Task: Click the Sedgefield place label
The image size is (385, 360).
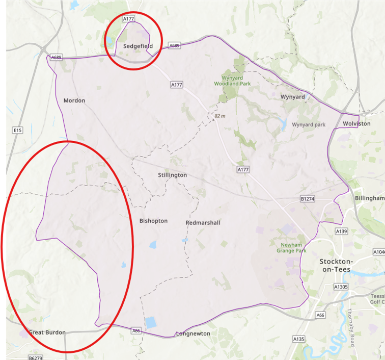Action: pyautogui.click(x=138, y=46)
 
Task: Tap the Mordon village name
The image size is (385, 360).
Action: pyautogui.click(x=74, y=100)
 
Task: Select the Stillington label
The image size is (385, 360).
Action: pyautogui.click(x=172, y=175)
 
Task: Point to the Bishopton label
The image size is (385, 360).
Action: pyautogui.click(x=153, y=221)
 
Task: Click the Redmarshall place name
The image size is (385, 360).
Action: pyautogui.click(x=203, y=223)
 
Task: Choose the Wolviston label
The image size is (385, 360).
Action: pyautogui.click(x=356, y=124)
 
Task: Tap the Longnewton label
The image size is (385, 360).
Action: pyautogui.click(x=193, y=333)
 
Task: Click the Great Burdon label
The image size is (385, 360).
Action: pyautogui.click(x=47, y=332)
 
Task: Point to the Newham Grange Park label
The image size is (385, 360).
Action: pyautogui.click(x=291, y=247)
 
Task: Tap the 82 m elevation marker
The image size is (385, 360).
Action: pyautogui.click(x=219, y=116)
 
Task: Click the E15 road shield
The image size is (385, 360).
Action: pyautogui.click(x=18, y=131)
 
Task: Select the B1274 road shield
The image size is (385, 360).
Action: pyautogui.click(x=308, y=198)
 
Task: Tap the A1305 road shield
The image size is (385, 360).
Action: pyautogui.click(x=340, y=287)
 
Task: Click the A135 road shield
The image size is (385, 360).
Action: pyautogui.click(x=298, y=339)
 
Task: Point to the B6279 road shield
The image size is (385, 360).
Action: pyautogui.click(x=35, y=358)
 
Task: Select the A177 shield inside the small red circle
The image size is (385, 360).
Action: pyautogui.click(x=129, y=19)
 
